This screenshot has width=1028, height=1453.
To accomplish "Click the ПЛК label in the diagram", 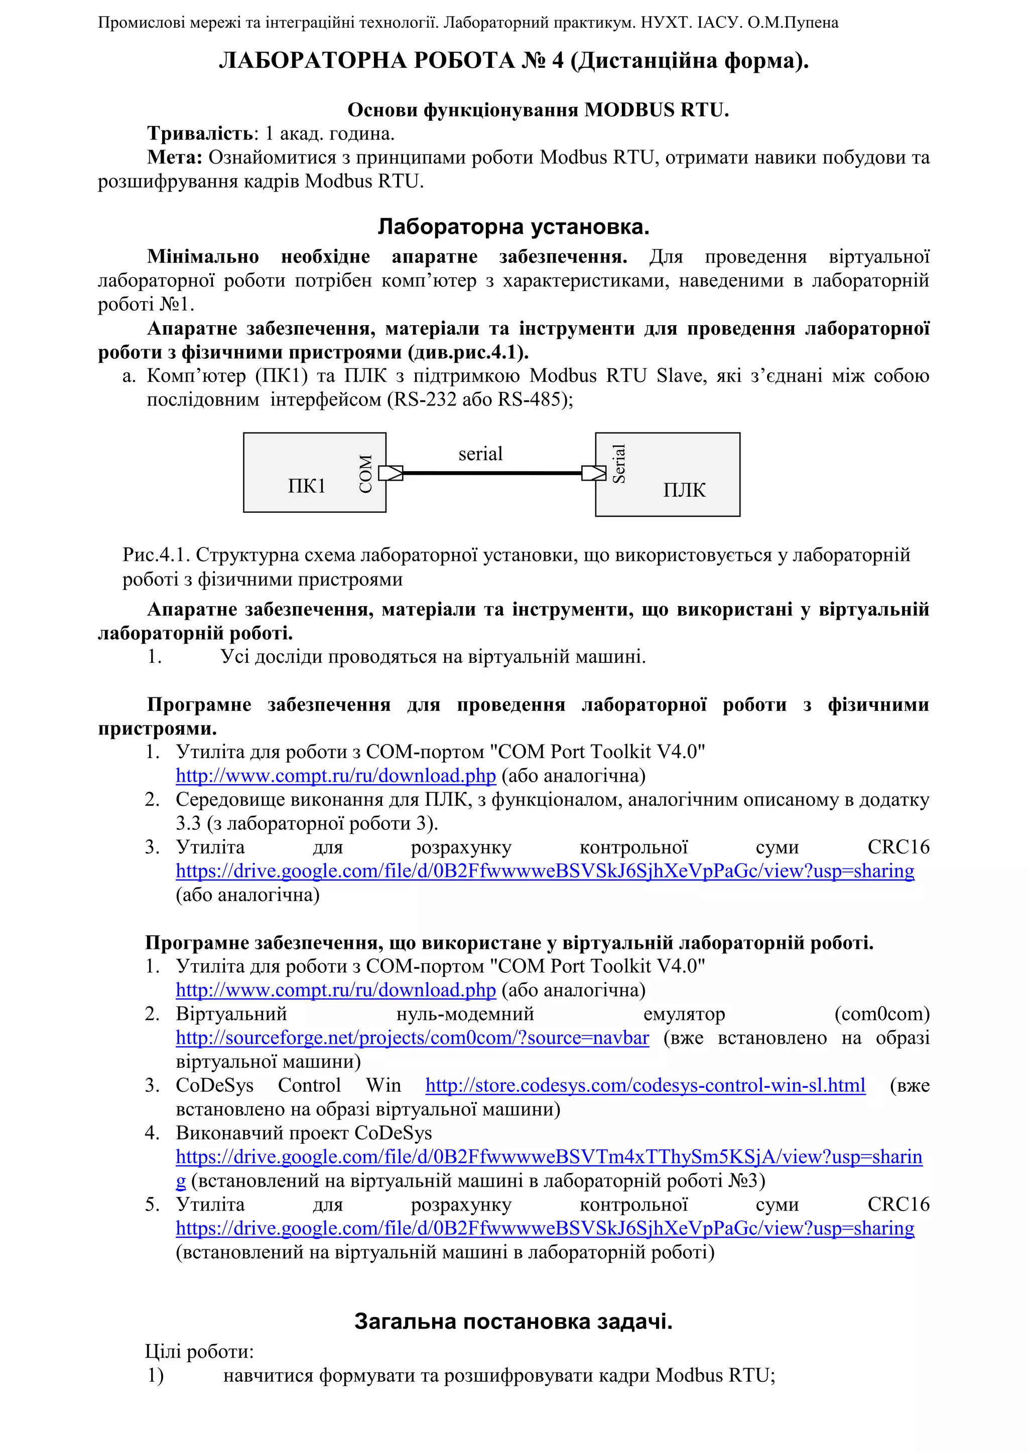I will pyautogui.click(x=684, y=490).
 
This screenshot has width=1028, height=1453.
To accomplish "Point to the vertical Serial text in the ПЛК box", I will pyautogui.click(x=618, y=464).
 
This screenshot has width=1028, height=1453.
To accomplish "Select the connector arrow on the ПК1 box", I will pyautogui.click(x=391, y=473).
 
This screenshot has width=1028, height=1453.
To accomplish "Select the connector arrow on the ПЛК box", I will pyautogui.click(x=593, y=473).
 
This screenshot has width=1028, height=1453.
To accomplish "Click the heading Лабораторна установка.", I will pyautogui.click(x=513, y=227).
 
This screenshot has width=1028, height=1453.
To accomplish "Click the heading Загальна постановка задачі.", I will pyautogui.click(x=513, y=1321).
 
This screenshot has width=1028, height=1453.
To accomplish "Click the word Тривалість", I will pyautogui.click(x=201, y=133).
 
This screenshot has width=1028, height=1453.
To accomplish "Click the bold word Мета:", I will pyautogui.click(x=175, y=157).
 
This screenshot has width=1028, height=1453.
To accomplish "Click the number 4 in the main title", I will pyautogui.click(x=557, y=61).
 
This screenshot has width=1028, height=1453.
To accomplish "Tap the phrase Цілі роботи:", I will pyautogui.click(x=199, y=1351).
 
